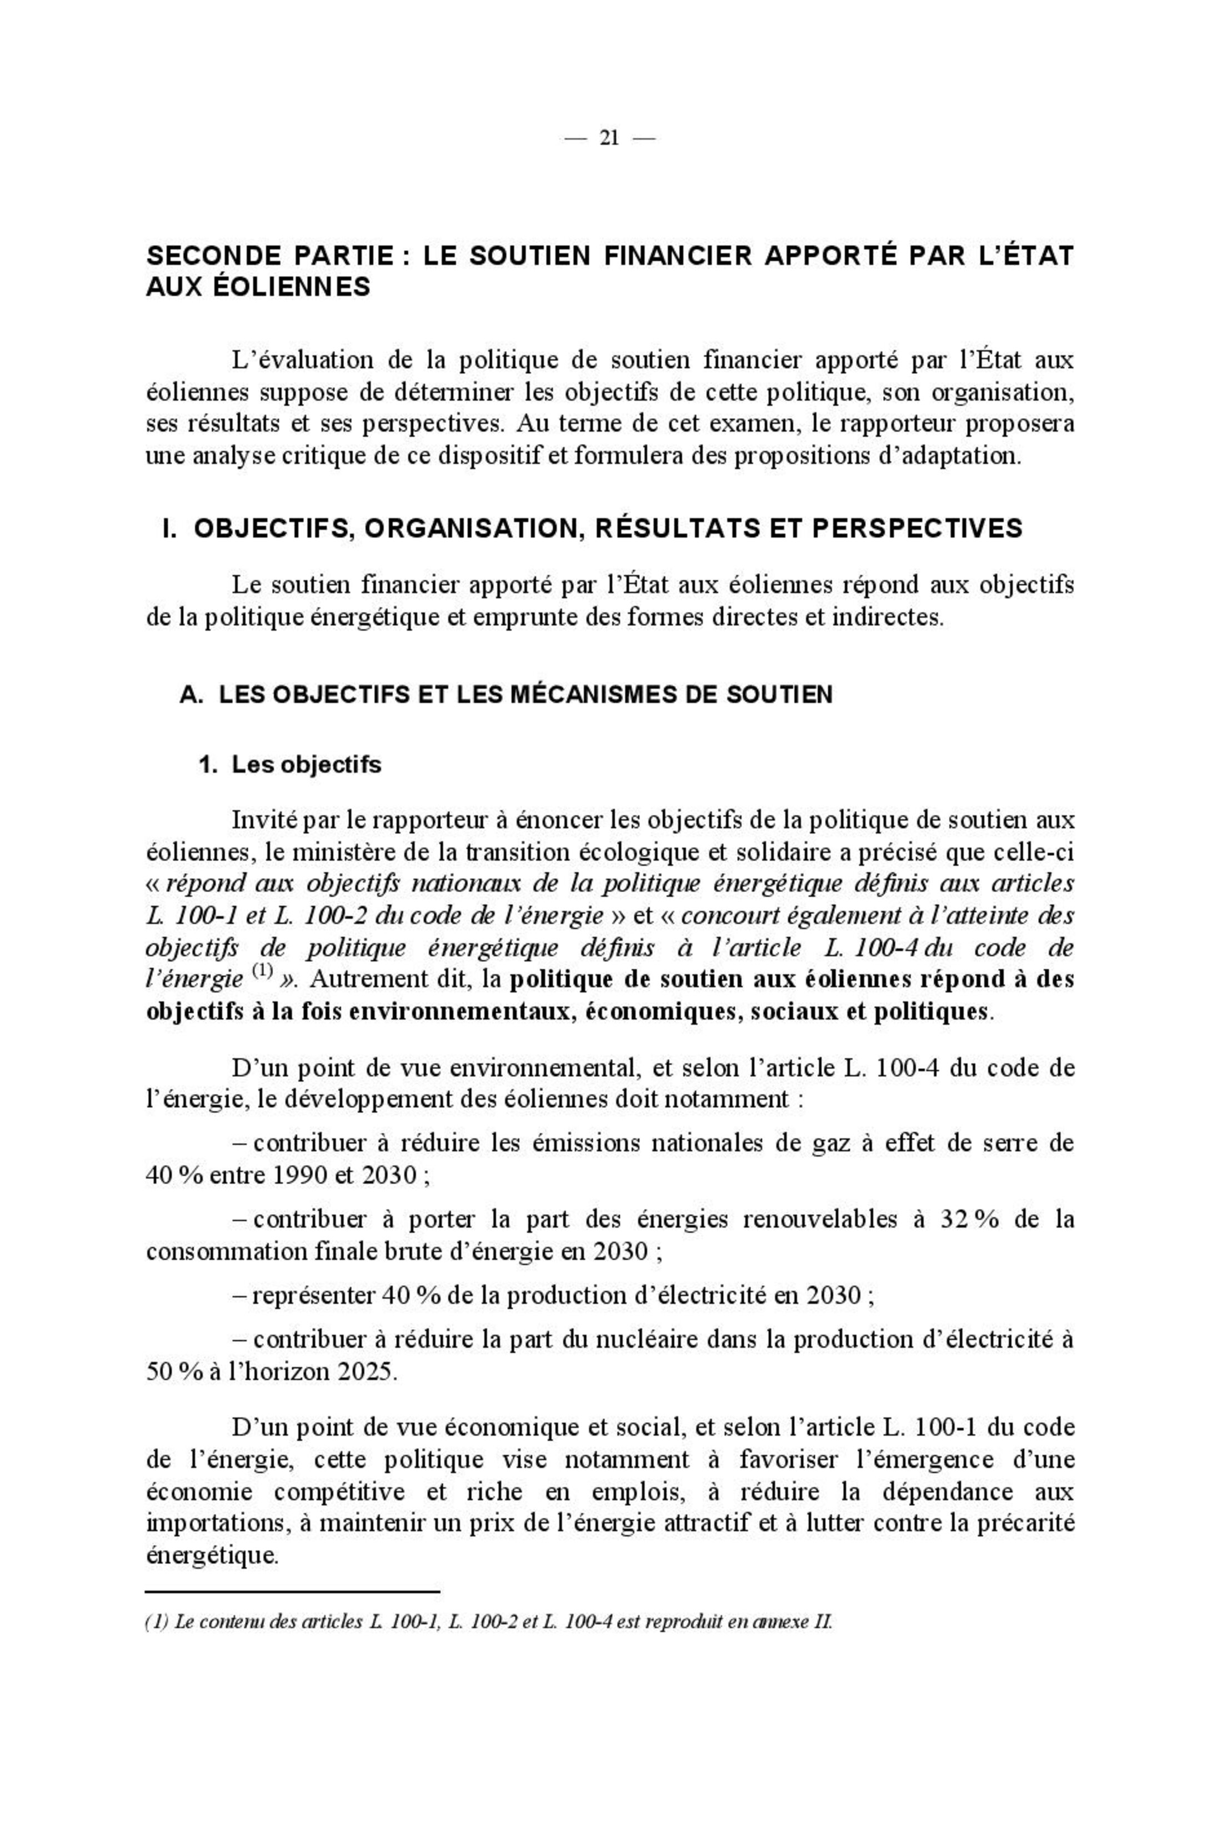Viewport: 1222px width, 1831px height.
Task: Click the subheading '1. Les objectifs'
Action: [x=290, y=765]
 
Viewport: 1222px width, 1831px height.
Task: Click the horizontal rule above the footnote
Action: [x=293, y=1591]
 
